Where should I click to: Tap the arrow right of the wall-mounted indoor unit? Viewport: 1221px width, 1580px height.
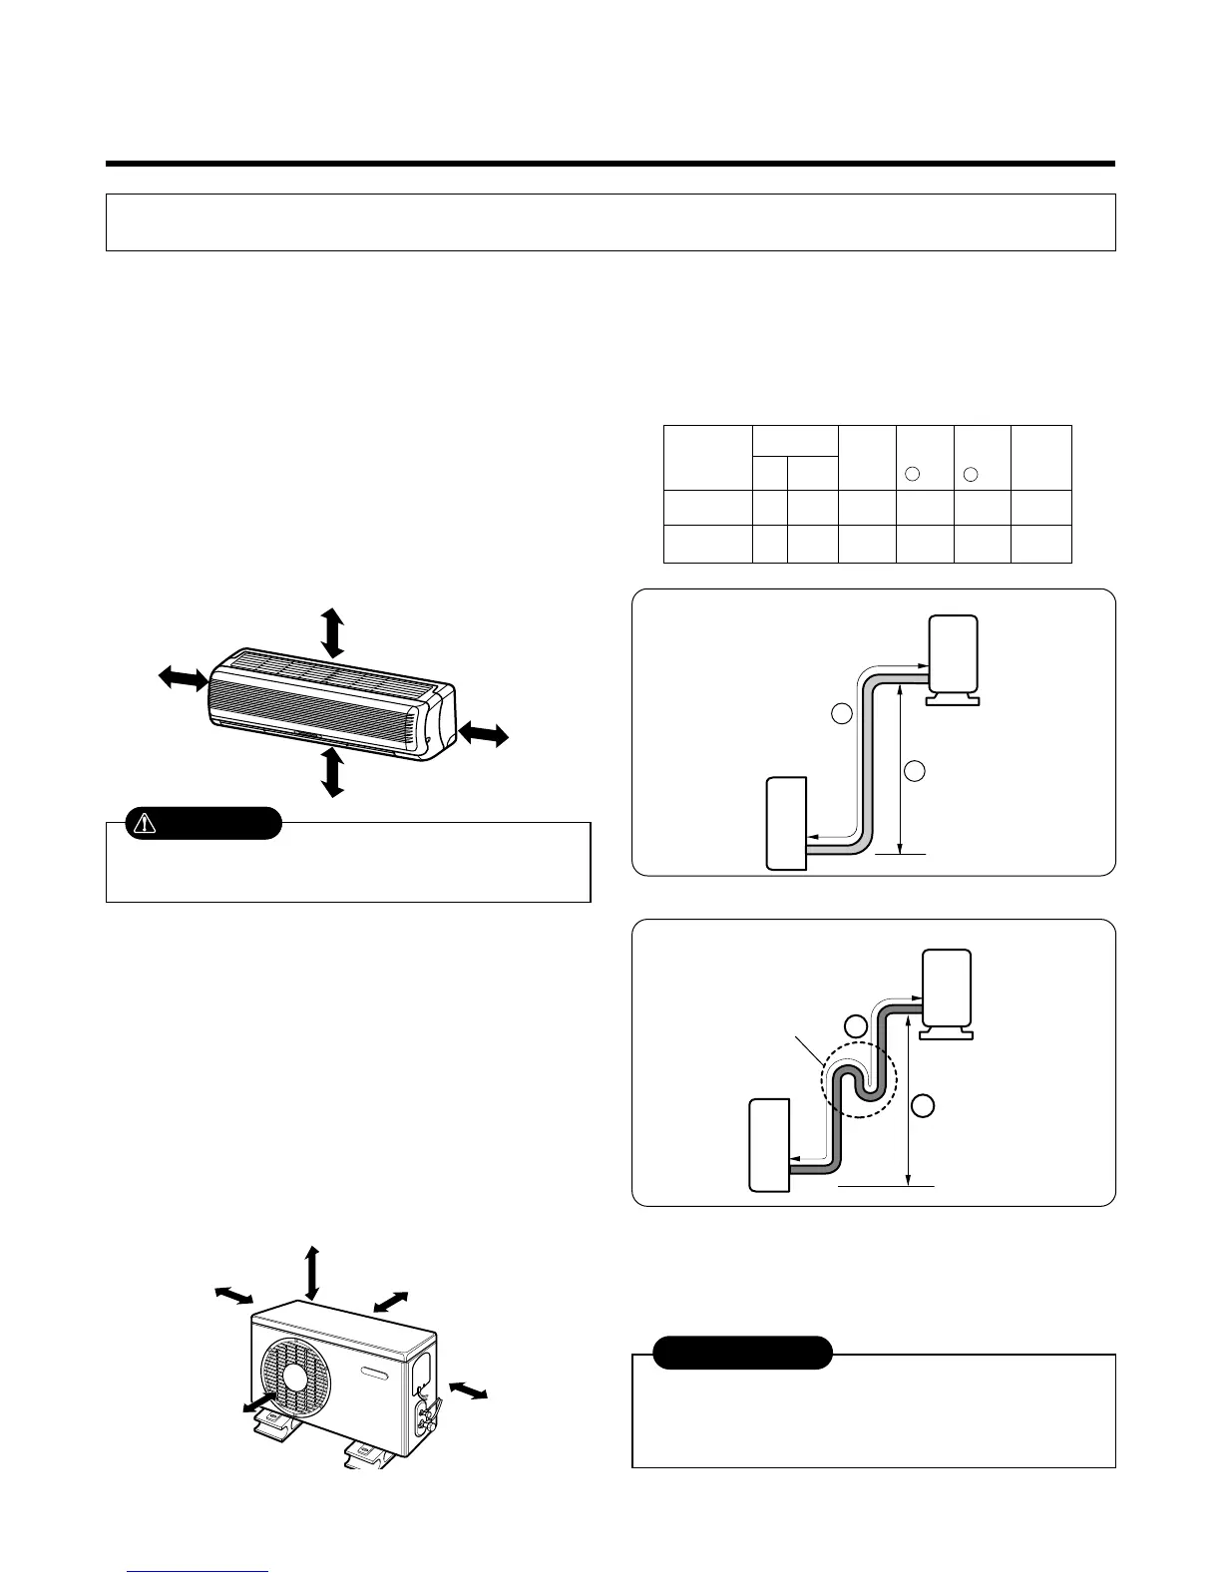click(x=484, y=736)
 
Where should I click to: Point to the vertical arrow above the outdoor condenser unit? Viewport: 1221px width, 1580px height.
click(x=313, y=1274)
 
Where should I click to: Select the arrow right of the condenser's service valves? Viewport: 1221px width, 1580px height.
click(x=468, y=1388)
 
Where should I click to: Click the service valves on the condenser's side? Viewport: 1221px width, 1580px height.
click(x=426, y=1410)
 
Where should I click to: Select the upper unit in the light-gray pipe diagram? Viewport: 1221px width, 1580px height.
click(x=953, y=655)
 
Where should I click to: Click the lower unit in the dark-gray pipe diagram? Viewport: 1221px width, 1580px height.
click(x=769, y=1144)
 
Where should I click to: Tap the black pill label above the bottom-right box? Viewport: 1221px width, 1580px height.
click(x=742, y=1353)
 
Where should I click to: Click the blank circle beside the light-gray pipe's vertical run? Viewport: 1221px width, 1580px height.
click(x=842, y=714)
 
